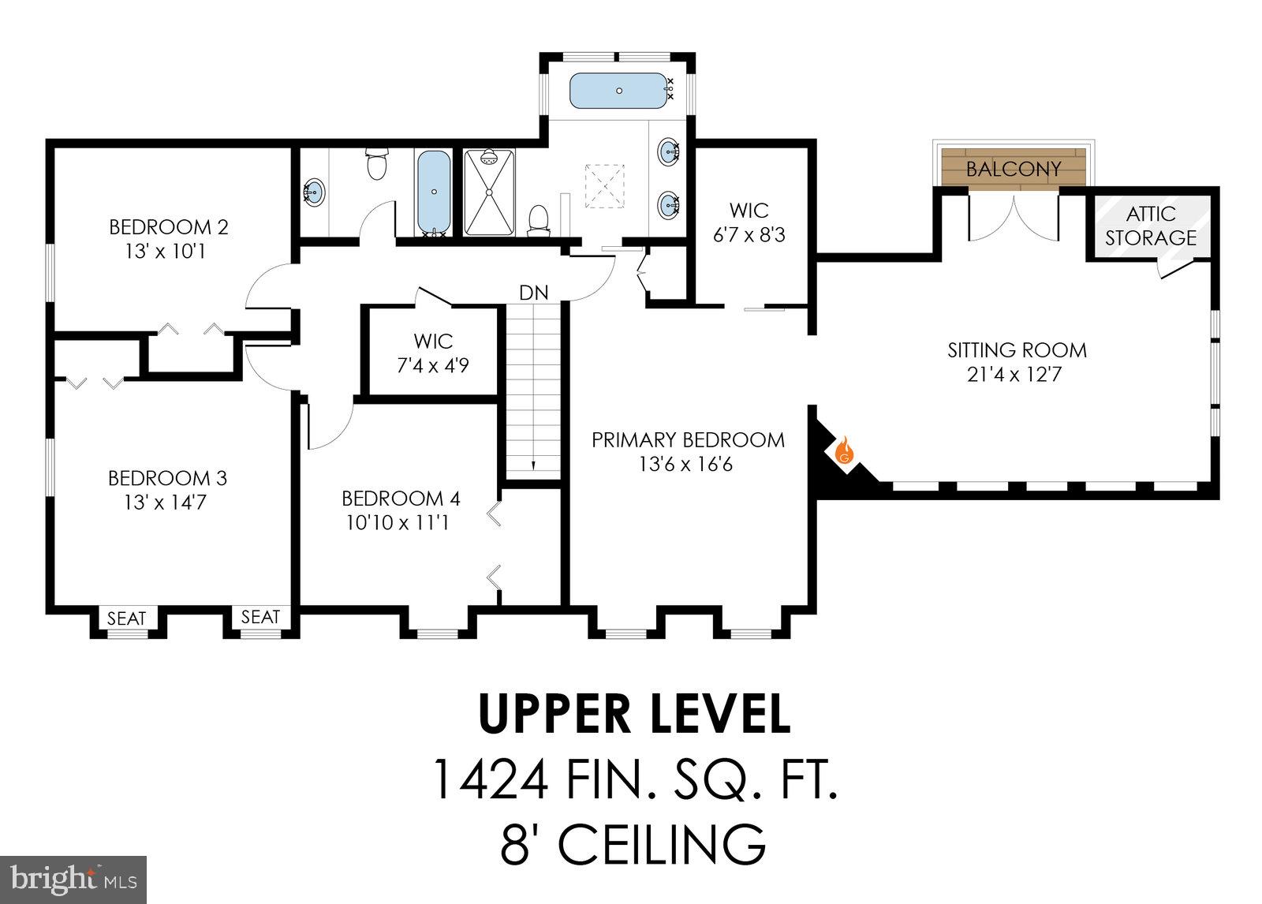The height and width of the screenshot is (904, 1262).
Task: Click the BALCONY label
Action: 1014,169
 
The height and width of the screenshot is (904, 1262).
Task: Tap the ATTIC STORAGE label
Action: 1150,226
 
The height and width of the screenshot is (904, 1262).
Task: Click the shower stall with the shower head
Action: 490,192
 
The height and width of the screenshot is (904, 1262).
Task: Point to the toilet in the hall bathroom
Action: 376,165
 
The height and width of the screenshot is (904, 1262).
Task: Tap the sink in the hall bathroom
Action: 313,192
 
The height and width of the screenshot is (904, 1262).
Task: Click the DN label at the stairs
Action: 533,293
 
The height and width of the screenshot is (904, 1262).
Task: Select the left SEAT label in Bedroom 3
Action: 126,618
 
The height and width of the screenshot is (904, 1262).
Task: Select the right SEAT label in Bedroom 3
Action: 260,617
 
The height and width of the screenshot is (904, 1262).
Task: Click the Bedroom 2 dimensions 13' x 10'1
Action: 169,252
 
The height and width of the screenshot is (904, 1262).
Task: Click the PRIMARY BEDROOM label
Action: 688,439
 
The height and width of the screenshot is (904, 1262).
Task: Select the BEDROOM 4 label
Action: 401,499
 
